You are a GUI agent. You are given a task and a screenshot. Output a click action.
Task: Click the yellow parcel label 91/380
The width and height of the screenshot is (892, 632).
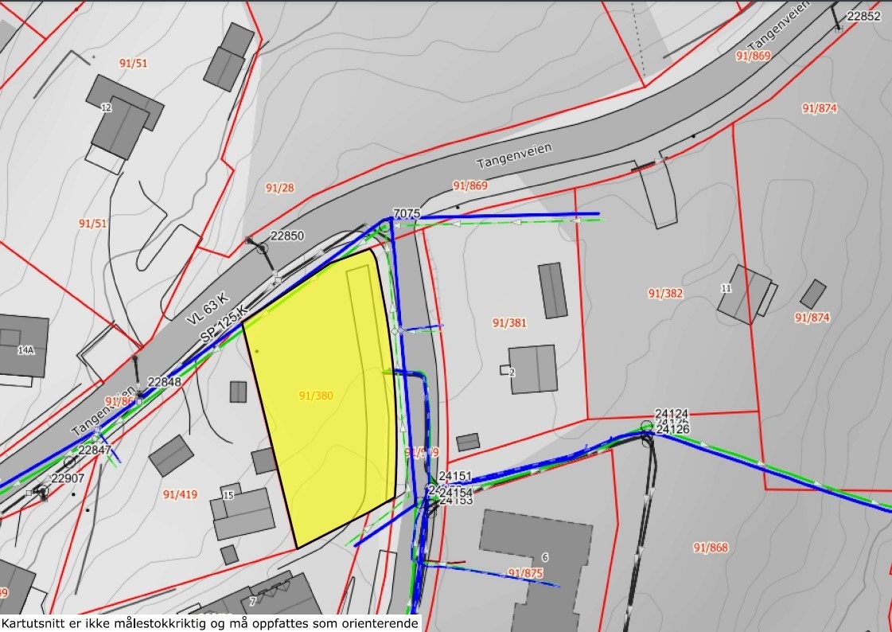point(316,395)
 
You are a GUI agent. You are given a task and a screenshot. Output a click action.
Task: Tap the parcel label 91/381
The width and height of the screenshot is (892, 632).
point(509,323)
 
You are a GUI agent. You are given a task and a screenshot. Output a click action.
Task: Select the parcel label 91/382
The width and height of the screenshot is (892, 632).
point(665,293)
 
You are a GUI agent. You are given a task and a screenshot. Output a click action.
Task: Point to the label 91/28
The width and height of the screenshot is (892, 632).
point(279,188)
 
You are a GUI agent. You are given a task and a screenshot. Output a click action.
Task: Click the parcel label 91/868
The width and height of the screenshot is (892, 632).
point(710,548)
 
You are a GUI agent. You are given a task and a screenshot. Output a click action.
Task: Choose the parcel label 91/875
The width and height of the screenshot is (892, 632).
point(524,572)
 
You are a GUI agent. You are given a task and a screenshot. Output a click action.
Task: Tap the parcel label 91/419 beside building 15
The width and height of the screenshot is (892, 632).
point(180,494)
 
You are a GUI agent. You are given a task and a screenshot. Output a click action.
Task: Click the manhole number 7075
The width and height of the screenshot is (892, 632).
point(406,213)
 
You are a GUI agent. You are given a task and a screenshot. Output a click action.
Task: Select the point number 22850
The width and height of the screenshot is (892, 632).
point(287,236)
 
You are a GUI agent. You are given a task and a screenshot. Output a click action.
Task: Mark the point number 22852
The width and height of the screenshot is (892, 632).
point(864,16)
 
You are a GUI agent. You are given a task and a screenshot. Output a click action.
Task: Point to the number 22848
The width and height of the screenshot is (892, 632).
point(165,382)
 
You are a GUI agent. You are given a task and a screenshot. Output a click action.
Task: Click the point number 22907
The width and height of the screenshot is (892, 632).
point(67,478)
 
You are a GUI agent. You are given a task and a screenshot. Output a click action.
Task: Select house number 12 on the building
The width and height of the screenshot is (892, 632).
point(106,107)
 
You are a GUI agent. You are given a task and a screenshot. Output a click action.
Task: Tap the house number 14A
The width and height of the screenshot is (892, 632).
point(25,349)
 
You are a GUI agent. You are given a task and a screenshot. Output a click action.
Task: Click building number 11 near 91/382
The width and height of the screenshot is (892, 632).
point(726,288)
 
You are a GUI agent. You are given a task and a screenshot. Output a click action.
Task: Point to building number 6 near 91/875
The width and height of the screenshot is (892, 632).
point(545,556)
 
